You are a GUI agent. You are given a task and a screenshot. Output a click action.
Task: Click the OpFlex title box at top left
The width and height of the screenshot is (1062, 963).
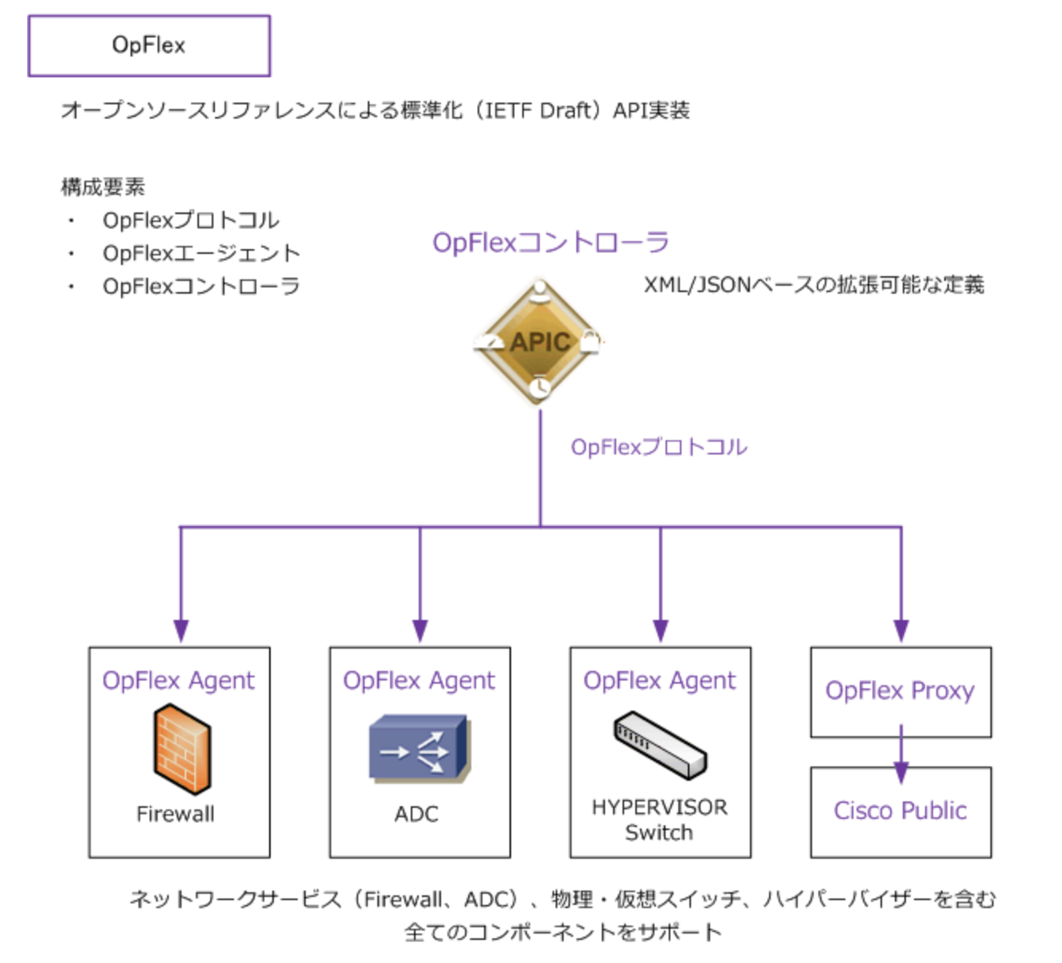point(149,45)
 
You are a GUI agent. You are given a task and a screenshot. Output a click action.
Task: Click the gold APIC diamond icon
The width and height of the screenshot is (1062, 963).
point(540,342)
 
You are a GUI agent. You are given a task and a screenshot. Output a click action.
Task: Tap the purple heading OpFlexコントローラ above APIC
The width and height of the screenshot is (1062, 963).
point(550,242)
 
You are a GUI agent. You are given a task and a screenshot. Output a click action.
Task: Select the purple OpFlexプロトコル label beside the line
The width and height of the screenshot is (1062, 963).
point(658,447)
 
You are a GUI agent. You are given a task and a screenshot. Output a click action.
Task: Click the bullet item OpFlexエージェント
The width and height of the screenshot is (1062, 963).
point(201,253)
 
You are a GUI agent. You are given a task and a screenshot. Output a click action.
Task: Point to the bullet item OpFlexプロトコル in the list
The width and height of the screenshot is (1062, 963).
point(190,220)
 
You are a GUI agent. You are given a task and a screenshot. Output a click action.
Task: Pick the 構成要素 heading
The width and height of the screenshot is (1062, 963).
point(103,187)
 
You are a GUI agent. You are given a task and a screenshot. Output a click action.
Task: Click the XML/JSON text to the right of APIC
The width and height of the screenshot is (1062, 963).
point(813,285)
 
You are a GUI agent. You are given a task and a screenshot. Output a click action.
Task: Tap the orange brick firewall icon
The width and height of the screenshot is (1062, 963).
point(182,751)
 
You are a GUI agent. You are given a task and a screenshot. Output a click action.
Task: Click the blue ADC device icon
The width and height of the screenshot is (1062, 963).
point(419,749)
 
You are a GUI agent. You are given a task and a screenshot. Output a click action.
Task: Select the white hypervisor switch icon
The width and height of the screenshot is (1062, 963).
point(660,746)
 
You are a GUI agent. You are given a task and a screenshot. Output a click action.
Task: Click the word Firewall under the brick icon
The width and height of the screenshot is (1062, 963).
point(175,814)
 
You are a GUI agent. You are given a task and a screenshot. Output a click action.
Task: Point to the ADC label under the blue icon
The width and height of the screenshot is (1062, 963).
point(416,814)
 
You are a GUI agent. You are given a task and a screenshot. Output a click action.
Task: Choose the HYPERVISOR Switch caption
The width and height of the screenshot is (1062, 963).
point(659,820)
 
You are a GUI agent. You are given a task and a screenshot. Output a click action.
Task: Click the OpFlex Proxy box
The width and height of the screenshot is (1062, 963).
point(900,691)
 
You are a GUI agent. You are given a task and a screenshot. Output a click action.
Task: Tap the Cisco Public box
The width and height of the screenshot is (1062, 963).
point(900,811)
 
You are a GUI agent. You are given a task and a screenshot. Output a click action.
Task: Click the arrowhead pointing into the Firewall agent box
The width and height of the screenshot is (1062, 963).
point(181,630)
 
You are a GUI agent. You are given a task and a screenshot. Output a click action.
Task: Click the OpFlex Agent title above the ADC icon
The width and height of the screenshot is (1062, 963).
point(419,680)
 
